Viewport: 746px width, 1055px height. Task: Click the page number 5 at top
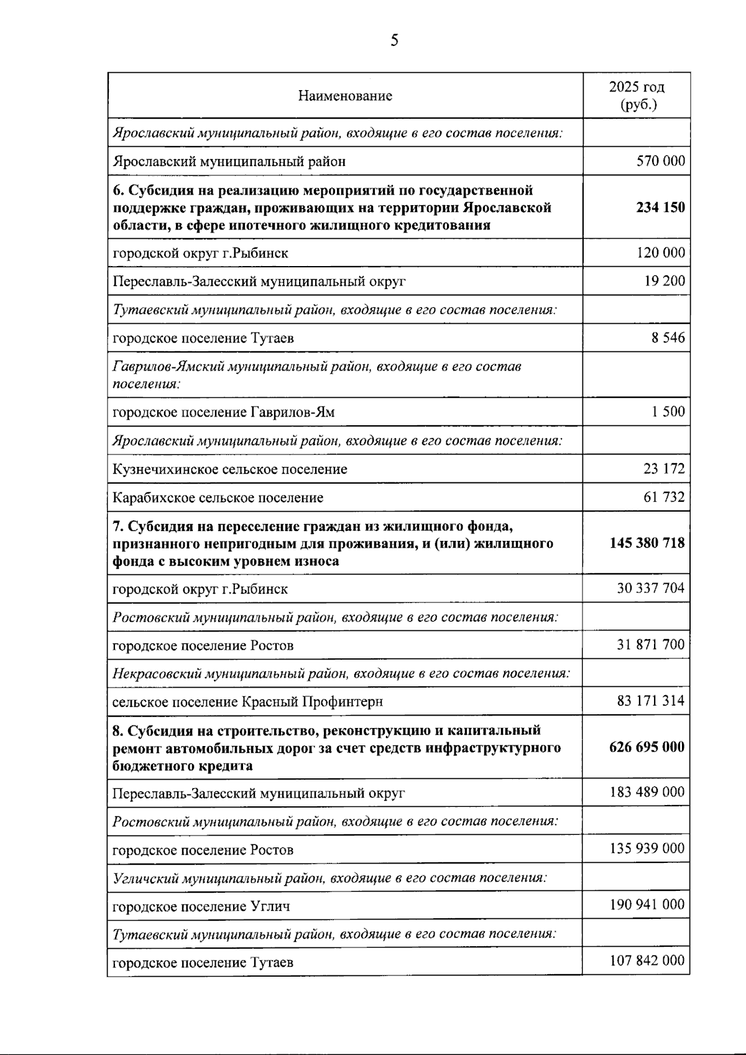coord(394,41)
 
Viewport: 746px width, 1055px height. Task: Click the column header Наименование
coord(345,96)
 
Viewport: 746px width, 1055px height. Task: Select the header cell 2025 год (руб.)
coord(637,95)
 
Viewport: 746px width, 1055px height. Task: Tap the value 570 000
coord(660,161)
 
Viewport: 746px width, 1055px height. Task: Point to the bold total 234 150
coord(660,207)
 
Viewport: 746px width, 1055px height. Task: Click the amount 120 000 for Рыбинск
coord(660,252)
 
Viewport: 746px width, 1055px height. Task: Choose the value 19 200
coord(665,281)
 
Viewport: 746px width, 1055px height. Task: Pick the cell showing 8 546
coord(668,338)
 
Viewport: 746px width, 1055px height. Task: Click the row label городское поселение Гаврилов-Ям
coord(224,412)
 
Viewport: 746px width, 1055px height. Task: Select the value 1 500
coord(668,412)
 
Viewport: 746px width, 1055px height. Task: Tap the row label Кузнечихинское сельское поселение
coord(230,469)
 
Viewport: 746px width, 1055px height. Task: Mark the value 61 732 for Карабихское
coord(664,497)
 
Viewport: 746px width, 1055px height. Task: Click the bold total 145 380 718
coord(647,543)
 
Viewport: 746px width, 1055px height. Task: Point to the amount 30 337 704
coord(650,588)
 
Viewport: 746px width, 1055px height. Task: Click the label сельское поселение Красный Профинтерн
coord(247,702)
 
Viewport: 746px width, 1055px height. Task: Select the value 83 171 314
coord(650,701)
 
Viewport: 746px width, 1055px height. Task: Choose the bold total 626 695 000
coord(647,747)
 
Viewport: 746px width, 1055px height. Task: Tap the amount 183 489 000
coord(647,792)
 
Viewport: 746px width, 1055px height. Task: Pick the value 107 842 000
coord(647,961)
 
